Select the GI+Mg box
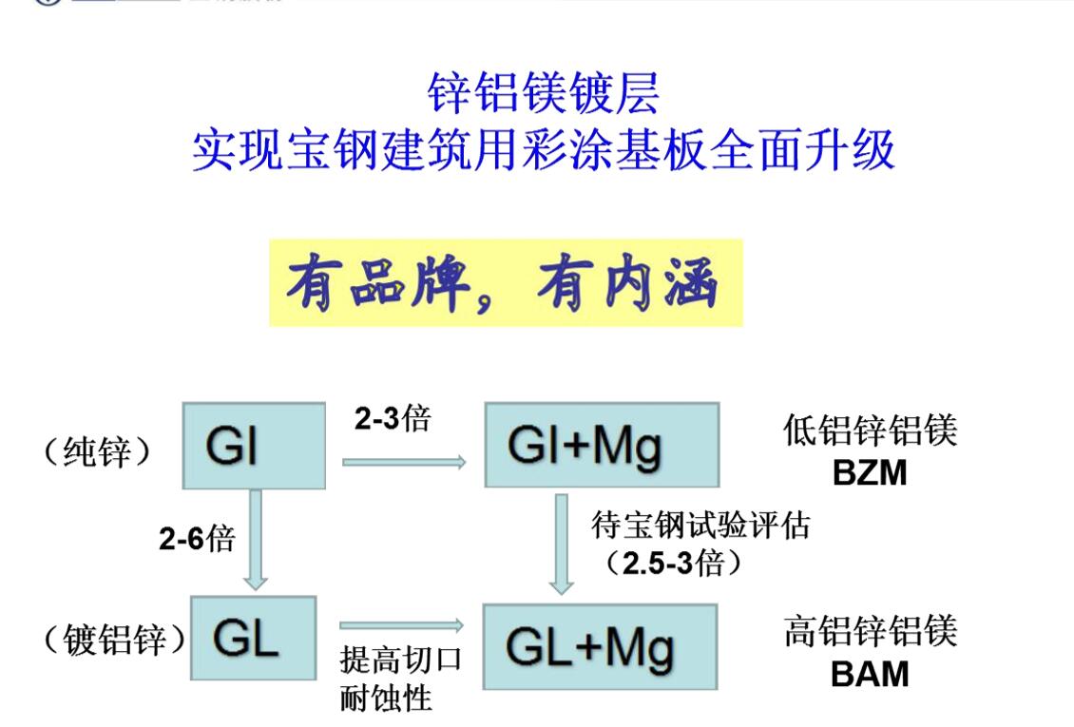click(x=602, y=445)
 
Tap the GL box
click(x=253, y=638)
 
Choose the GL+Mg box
click(x=600, y=647)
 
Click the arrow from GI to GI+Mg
click(x=403, y=462)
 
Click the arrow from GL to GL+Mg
click(x=400, y=624)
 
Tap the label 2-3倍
click(x=392, y=418)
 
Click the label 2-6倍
click(x=196, y=539)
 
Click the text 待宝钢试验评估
click(x=700, y=525)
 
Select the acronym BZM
click(x=869, y=472)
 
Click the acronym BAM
click(x=869, y=674)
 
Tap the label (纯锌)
click(x=97, y=452)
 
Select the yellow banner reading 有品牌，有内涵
click(x=505, y=283)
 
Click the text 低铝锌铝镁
click(x=869, y=431)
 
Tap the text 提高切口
click(x=400, y=660)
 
